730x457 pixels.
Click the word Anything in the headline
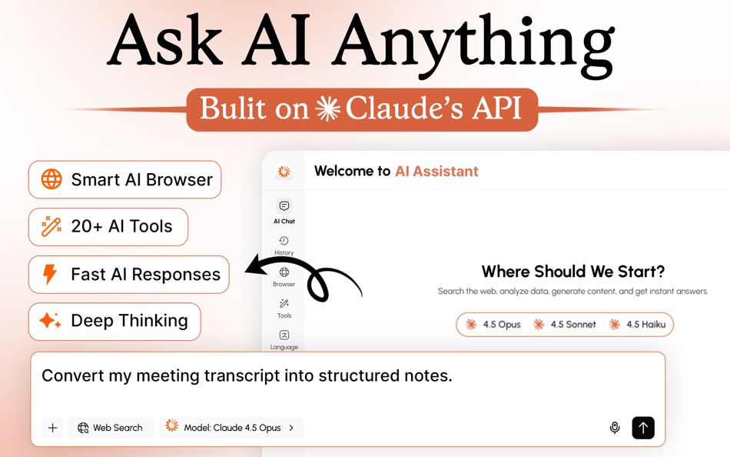coord(474,42)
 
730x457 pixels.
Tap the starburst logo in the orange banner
coord(327,109)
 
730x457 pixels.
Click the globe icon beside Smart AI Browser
coord(51,179)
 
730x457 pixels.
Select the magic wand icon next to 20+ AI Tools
coord(51,226)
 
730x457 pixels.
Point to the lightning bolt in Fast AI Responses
coord(50,275)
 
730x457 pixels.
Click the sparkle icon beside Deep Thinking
coord(51,321)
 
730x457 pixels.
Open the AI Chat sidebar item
coord(284,211)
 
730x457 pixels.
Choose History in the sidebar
coord(284,245)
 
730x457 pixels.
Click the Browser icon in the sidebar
coord(284,276)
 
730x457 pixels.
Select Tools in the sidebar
coord(284,308)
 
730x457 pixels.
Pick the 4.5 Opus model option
coord(493,325)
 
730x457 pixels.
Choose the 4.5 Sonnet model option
coord(565,325)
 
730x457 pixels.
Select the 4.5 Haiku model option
coord(637,325)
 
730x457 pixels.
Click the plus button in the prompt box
coord(52,428)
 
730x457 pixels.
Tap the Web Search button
coord(111,428)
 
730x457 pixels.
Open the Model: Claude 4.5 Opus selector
coord(231,428)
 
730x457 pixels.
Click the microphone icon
coord(615,428)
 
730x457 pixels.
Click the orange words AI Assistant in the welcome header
coord(436,172)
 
